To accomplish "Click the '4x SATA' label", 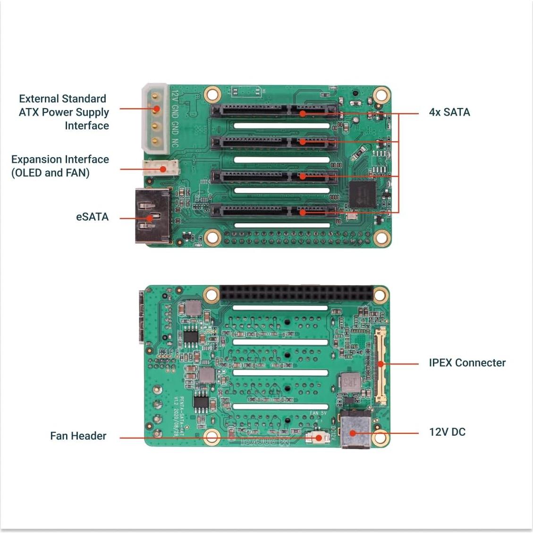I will (x=449, y=112).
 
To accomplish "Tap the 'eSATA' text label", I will (x=93, y=217).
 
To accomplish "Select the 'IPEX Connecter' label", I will (x=467, y=363).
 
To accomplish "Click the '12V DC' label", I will (x=447, y=432).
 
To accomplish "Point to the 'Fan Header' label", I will (x=78, y=436).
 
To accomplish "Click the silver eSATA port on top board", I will (x=152, y=216).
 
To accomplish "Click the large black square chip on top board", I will (x=362, y=194).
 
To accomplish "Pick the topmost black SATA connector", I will (x=274, y=110).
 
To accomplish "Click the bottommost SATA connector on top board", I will (x=274, y=211).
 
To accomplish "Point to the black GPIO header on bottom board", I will (x=296, y=294).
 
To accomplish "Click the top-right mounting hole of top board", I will (x=381, y=96).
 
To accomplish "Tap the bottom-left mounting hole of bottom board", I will (x=212, y=437).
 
